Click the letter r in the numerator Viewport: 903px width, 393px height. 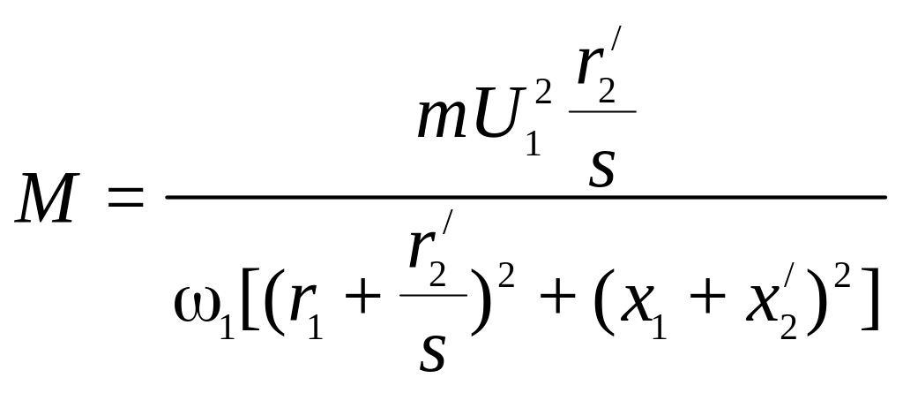pos(597,87)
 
